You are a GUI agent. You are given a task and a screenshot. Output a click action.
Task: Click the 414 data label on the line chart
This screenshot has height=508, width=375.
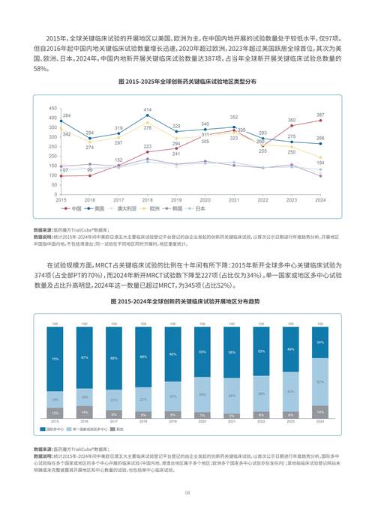[148, 109]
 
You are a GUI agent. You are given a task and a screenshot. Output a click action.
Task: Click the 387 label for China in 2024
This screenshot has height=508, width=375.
[320, 115]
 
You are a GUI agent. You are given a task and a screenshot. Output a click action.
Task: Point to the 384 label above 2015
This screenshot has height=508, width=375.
[67, 115]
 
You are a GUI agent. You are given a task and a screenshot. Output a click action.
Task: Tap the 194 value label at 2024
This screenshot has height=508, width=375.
[320, 163]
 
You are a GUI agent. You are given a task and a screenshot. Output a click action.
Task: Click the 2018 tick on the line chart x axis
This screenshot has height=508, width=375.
[148, 200]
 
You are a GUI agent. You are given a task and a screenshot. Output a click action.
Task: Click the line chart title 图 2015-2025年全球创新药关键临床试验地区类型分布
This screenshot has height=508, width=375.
[187, 80]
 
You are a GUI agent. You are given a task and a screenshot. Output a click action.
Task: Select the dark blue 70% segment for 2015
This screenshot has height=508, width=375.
[55, 359]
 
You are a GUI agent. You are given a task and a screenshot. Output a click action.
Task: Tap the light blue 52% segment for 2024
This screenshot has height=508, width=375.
[320, 381]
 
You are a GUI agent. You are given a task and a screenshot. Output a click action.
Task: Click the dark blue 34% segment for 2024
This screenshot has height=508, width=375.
[320, 342]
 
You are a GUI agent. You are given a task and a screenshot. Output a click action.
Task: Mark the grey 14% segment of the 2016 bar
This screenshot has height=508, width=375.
[84, 412]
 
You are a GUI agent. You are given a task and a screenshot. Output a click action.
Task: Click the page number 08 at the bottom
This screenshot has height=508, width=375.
[187, 492]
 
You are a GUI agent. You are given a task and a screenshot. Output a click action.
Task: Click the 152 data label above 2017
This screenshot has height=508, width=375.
[118, 160]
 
